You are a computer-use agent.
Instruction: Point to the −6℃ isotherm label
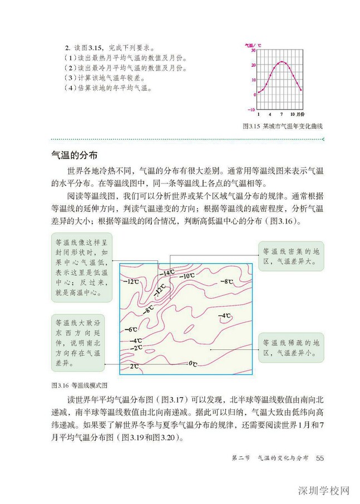(131, 330)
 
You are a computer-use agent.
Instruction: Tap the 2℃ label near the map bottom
(134, 367)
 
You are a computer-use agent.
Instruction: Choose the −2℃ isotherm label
(136, 347)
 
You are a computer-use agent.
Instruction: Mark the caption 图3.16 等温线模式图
(78, 384)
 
